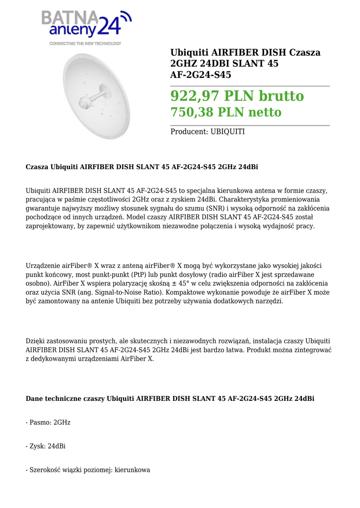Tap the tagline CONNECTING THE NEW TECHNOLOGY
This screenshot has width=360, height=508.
point(85,44)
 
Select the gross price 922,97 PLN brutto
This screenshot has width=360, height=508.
point(237,95)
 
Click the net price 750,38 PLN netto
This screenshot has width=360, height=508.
point(225,112)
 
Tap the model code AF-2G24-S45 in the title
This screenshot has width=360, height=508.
point(201,75)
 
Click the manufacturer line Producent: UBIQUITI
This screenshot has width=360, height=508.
point(207,132)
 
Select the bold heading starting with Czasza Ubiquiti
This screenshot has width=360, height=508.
point(142,167)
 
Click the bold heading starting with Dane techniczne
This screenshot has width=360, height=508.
point(170,398)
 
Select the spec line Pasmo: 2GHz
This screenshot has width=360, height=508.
point(48,422)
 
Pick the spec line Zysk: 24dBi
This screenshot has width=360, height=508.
point(46,446)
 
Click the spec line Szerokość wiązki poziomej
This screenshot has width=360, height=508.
point(87,470)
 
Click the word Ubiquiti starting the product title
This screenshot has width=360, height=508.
point(190,53)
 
